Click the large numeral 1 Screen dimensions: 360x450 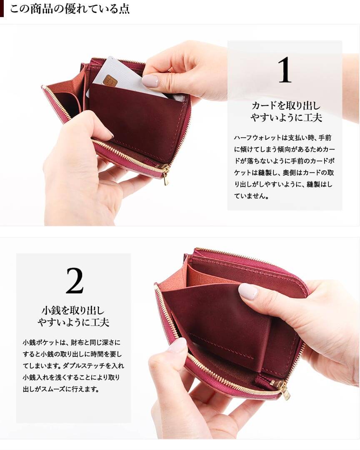tap(285, 70)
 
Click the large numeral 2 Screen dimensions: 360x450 tap(75, 281)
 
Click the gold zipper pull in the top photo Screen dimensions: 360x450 tap(166, 176)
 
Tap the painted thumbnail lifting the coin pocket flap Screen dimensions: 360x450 tap(248, 291)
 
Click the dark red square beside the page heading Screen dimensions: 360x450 tap(2, 9)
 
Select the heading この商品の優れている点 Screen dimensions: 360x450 tap(70, 9)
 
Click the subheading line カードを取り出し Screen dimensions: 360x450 tap(286, 106)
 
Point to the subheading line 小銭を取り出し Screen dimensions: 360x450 tap(73, 310)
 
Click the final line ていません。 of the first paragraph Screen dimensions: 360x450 tap(252, 196)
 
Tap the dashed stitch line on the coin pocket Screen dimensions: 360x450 tap(221, 346)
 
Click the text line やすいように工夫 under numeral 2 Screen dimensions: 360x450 tap(73, 322)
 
